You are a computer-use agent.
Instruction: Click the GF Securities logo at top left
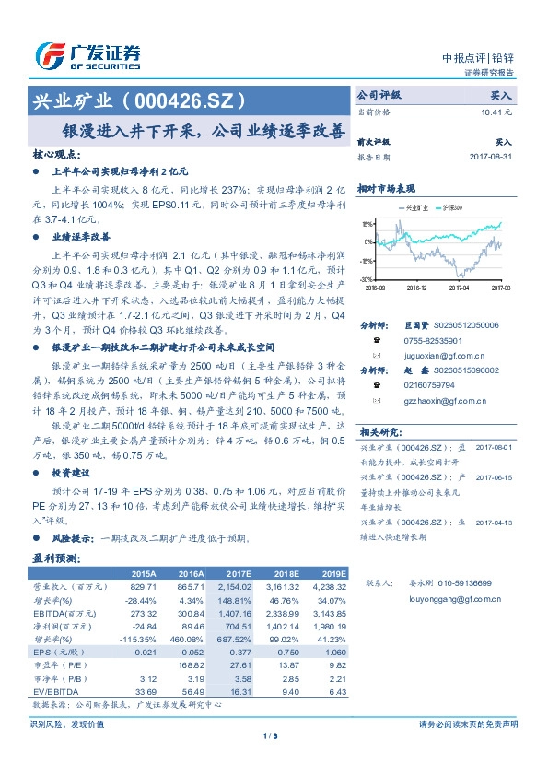87,54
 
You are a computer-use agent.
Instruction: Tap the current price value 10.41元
496,112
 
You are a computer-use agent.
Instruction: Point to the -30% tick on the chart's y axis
367,278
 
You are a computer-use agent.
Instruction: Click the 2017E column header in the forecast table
239,573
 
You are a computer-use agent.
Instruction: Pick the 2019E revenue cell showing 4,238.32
326,585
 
